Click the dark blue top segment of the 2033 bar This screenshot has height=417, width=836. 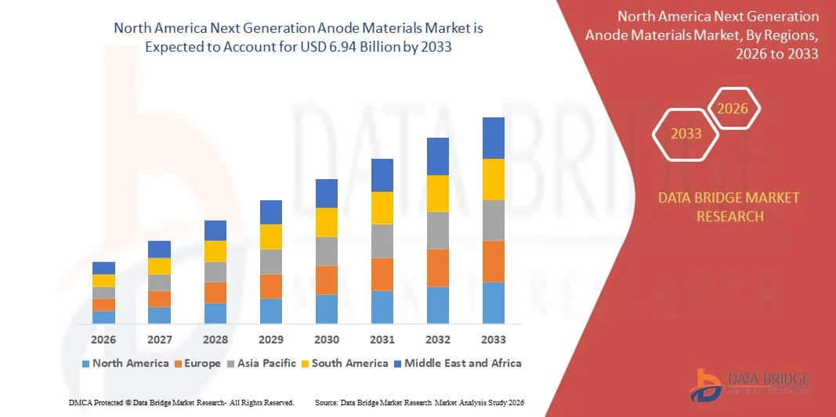(493, 138)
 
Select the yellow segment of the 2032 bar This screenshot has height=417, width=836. (437, 193)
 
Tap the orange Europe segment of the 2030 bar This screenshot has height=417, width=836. (327, 279)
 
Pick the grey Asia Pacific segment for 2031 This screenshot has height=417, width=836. (382, 241)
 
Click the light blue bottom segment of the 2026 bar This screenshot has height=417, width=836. (103, 317)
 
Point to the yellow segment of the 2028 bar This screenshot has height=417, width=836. (215, 251)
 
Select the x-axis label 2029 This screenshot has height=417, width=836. (271, 340)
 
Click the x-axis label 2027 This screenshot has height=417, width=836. (159, 340)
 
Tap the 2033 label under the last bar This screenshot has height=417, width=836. (494, 340)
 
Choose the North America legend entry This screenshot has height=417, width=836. (125, 363)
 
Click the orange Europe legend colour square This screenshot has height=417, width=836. (179, 364)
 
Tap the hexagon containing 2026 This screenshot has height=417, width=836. (734, 110)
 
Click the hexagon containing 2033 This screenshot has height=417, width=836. (686, 134)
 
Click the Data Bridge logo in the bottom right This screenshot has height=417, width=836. (750, 383)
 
